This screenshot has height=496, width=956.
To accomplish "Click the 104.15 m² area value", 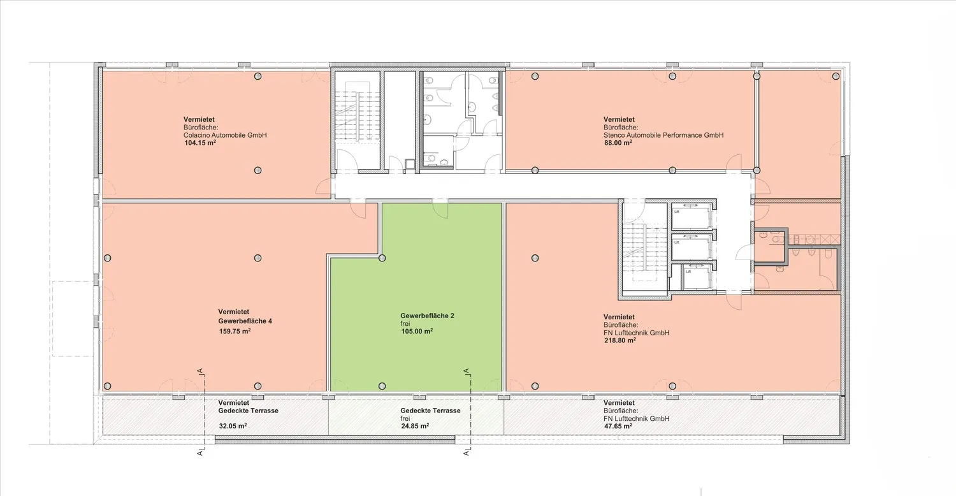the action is click(x=200, y=143).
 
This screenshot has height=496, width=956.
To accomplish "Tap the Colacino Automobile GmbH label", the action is click(x=225, y=135).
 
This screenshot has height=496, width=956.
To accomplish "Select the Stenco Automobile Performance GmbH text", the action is click(x=663, y=135).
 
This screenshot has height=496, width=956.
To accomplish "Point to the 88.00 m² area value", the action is click(x=618, y=143).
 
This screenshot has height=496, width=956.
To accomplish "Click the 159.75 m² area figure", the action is click(x=235, y=332).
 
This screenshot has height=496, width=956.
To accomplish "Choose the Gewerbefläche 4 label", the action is click(x=245, y=321).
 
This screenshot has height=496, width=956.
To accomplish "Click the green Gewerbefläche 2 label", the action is click(x=427, y=316).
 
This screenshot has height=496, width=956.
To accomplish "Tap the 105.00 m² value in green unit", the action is click(x=417, y=332).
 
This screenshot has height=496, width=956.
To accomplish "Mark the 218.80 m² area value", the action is click(x=620, y=340).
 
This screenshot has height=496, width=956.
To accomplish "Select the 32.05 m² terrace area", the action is click(x=233, y=426).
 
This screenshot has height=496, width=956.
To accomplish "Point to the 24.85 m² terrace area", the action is click(x=415, y=426).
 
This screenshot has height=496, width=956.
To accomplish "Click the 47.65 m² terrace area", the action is click(x=618, y=426).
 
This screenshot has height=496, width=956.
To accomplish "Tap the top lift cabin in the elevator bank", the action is click(x=692, y=216).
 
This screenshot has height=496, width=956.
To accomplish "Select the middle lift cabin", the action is click(x=692, y=247).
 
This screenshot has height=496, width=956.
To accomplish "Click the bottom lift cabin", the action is click(x=697, y=277).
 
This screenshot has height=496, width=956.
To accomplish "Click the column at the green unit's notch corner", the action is click(x=382, y=258).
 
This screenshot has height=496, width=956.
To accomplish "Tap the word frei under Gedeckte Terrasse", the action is click(x=405, y=418).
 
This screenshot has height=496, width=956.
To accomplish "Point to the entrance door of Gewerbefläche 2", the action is click(x=440, y=209).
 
